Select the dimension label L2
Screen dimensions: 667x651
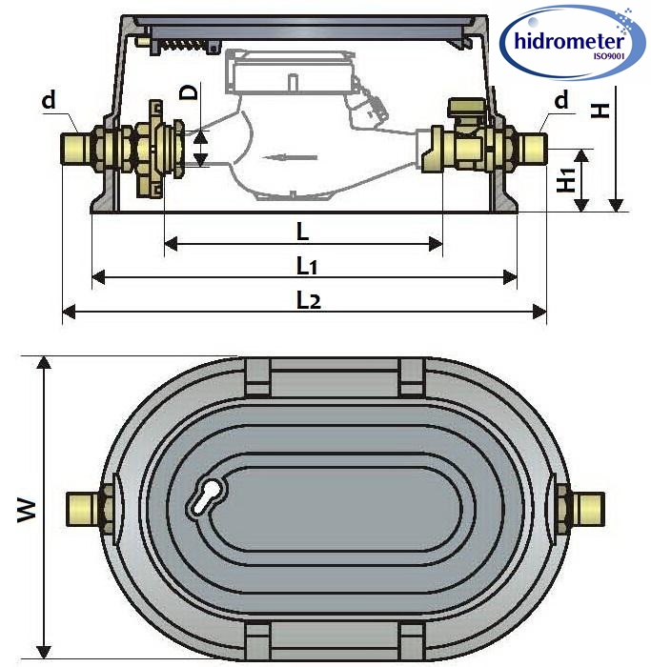(307, 300)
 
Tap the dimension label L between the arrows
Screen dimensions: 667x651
(302, 232)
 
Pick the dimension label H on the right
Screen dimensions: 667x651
(600, 109)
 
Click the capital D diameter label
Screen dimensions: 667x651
(191, 93)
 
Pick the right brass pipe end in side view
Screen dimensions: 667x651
(532, 148)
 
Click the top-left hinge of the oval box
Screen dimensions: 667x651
(256, 375)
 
